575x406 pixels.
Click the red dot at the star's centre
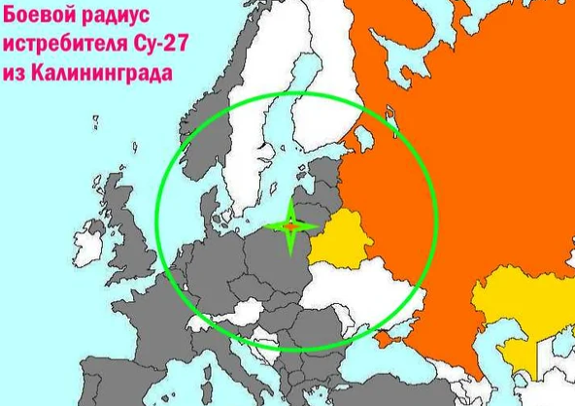pyautogui.click(x=290, y=225)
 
